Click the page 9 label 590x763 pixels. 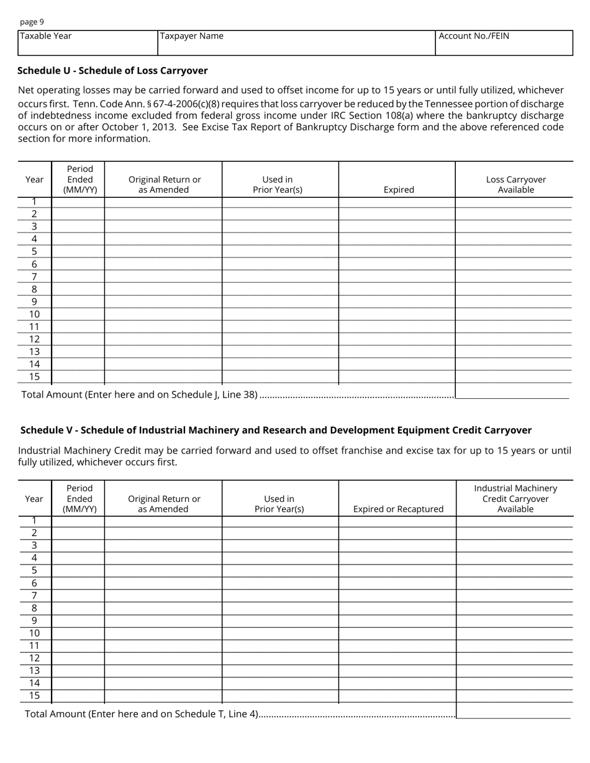(x=32, y=22)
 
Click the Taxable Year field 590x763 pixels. (x=88, y=43)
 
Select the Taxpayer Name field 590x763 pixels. (x=296, y=43)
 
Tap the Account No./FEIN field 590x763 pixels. (x=504, y=43)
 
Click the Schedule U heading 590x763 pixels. (x=112, y=71)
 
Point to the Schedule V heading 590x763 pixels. (x=276, y=430)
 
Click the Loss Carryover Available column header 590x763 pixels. (x=515, y=184)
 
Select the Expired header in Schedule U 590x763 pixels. (x=398, y=190)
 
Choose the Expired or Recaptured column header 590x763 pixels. (x=398, y=509)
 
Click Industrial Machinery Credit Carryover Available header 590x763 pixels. (x=515, y=499)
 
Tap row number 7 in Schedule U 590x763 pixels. (x=34, y=277)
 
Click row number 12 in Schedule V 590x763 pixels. (x=34, y=658)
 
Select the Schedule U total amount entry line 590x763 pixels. (x=512, y=393)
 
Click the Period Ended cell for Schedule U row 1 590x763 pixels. (x=78, y=202)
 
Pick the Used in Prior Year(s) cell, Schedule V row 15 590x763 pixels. (x=280, y=696)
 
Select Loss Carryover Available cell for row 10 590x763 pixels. (x=514, y=314)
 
